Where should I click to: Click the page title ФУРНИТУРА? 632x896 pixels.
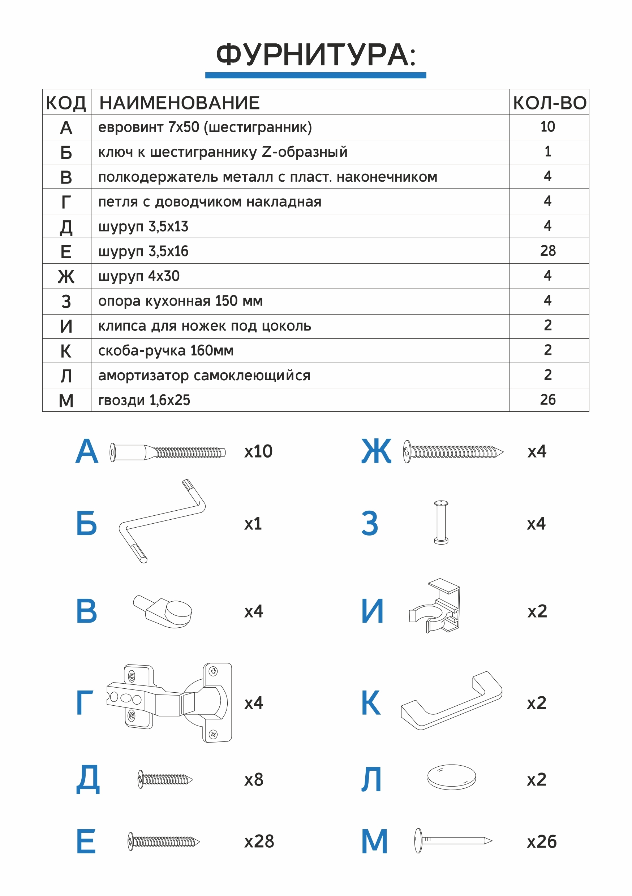click(315, 55)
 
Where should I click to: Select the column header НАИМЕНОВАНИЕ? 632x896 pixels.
click(179, 103)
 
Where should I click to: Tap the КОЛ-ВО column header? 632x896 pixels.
click(549, 103)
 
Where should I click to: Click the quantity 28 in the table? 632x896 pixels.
click(547, 251)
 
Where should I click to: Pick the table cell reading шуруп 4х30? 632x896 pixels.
click(139, 276)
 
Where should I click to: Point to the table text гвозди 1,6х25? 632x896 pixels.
click(144, 400)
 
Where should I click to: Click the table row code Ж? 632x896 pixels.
click(66, 277)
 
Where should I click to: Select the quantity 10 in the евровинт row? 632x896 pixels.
click(547, 126)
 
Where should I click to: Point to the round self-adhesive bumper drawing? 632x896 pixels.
click(451, 776)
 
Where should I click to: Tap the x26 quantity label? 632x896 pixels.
click(541, 841)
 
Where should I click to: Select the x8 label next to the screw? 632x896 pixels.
click(254, 780)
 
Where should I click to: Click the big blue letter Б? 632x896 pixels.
click(86, 523)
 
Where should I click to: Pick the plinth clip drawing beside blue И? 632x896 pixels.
click(437, 606)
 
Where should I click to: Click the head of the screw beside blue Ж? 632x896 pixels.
click(407, 451)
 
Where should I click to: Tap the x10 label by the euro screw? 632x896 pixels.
click(258, 451)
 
